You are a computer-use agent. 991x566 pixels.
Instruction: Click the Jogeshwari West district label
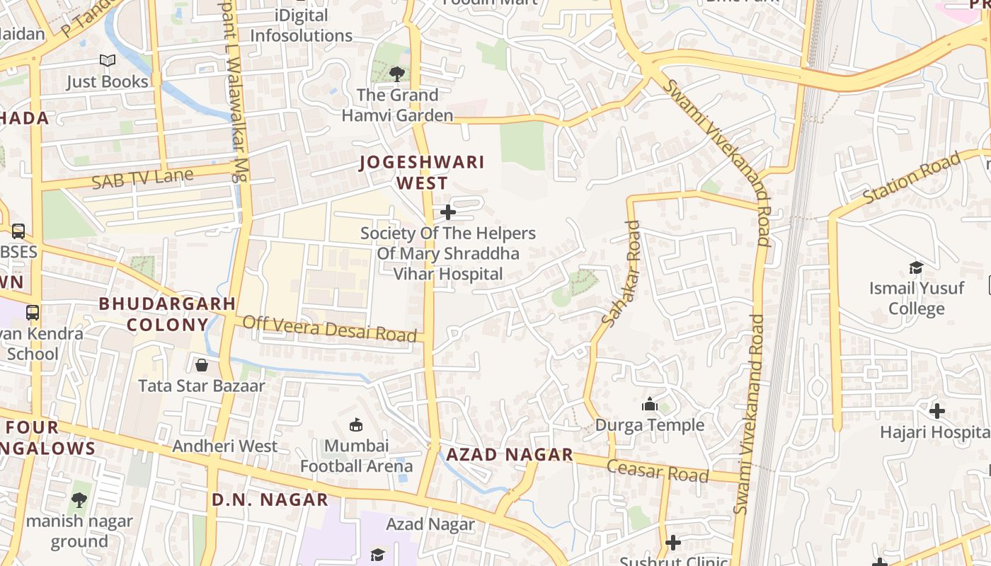click(x=422, y=173)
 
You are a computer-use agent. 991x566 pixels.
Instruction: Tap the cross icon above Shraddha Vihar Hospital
click(x=447, y=212)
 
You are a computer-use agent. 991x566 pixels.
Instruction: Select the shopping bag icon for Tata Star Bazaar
click(x=202, y=365)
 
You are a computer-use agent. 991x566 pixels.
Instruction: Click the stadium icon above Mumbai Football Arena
click(x=356, y=424)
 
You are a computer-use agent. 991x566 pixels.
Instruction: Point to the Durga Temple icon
click(x=649, y=405)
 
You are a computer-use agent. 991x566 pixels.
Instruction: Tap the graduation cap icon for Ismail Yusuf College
click(x=916, y=267)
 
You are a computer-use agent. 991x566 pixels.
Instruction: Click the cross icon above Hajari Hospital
click(x=936, y=410)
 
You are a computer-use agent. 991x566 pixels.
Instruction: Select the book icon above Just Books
click(x=108, y=61)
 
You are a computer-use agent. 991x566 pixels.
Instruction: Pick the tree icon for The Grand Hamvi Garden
click(x=397, y=74)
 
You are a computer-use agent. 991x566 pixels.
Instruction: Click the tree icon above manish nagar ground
click(x=79, y=500)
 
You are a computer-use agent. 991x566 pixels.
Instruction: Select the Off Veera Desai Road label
click(x=329, y=329)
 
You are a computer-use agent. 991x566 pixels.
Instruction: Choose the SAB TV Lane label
click(x=142, y=178)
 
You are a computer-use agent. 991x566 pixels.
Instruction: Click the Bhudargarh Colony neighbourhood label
click(x=167, y=314)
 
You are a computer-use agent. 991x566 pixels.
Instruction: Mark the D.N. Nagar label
click(x=270, y=499)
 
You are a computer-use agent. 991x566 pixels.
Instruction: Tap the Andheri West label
click(x=225, y=446)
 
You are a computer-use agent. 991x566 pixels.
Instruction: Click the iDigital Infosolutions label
click(x=301, y=25)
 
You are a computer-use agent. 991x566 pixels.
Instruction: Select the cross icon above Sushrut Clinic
click(x=673, y=543)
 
